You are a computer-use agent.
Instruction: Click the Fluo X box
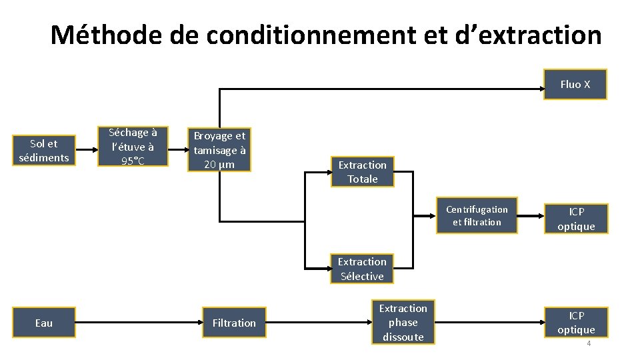tap(575, 85)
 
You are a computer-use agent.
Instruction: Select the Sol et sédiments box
tap(44, 151)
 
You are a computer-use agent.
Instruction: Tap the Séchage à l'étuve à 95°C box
tap(133, 146)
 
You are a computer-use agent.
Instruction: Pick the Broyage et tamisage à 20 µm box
tap(219, 150)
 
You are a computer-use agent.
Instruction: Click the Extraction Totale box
tap(362, 172)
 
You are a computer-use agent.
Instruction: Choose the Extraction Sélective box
tap(362, 269)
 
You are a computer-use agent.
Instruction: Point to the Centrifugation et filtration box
tap(477, 216)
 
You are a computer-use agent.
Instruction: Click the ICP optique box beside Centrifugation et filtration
tap(576, 219)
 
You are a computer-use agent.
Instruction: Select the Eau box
tap(44, 323)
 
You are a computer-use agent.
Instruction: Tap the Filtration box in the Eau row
tap(234, 323)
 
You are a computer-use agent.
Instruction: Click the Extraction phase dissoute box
tap(403, 323)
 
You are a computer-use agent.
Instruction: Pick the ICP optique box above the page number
tap(576, 323)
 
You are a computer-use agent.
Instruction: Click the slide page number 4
tap(589, 344)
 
